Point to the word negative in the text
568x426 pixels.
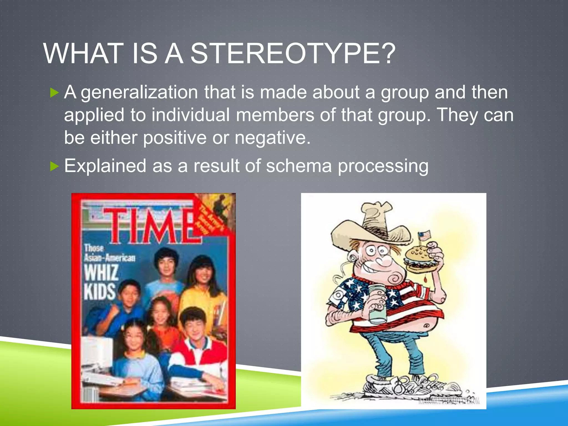pyautogui.click(x=272, y=138)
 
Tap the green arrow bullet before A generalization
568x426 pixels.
pyautogui.click(x=55, y=93)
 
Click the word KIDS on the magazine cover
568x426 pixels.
pyautogui.click(x=100, y=292)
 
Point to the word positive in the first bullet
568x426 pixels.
pyautogui.click(x=175, y=138)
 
